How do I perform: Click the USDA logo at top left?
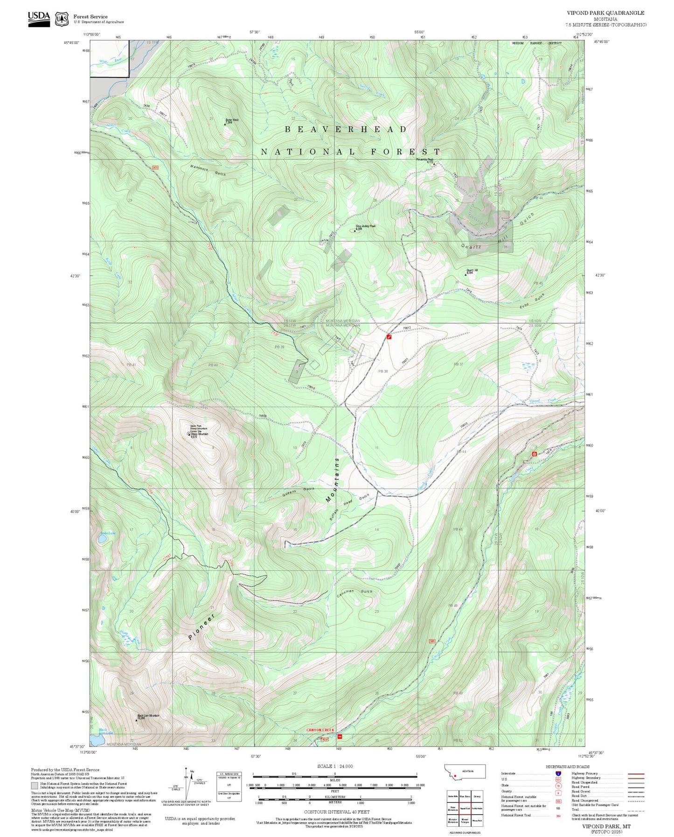39,18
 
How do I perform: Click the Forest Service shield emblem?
61,19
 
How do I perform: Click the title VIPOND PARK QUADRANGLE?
605,13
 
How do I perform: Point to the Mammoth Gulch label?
208,170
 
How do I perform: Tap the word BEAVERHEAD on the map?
346,129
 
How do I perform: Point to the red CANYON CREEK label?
320,730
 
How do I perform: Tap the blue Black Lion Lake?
97,740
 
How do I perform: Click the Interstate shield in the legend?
558,774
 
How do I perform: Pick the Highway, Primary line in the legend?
636,774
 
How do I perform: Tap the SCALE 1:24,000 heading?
334,766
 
